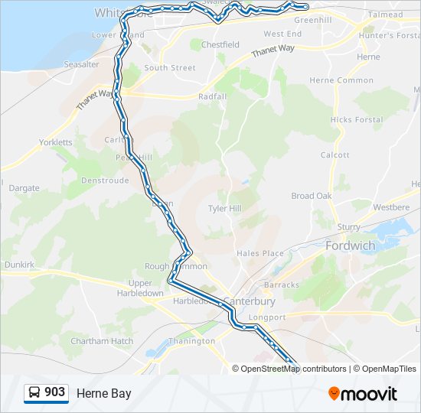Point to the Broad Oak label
pyautogui.click(x=312, y=196)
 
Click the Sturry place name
pyautogui.click(x=348, y=227)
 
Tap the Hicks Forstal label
pyautogui.click(x=357, y=120)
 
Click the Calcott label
pyautogui.click(x=335, y=154)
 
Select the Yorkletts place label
pyautogui.click(x=56, y=142)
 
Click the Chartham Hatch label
pyautogui.click(x=102, y=341)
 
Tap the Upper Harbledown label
pyautogui.click(x=140, y=288)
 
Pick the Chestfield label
pyautogui.click(x=220, y=45)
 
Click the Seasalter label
pyautogui.click(x=81, y=65)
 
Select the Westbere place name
pyautogui.click(x=391, y=207)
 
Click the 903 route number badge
pyautogui.click(x=46, y=392)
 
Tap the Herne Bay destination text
pyautogui.click(x=103, y=394)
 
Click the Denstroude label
pyautogui.click(x=105, y=181)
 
